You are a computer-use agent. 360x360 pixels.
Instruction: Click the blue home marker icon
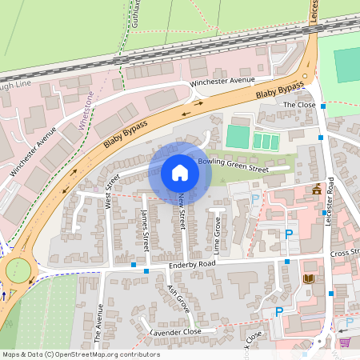coord(180,173)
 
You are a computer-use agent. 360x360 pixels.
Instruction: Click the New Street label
coord(182,209)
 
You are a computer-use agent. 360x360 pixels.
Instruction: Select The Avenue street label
coord(99,325)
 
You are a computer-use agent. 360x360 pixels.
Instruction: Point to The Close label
coord(300,105)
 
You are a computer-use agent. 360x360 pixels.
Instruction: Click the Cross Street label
coord(346,252)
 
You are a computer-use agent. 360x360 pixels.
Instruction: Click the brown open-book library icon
coord(309,278)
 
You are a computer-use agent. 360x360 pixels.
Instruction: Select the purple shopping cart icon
coord(345,342)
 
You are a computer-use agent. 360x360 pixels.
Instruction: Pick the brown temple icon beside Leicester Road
coord(318,190)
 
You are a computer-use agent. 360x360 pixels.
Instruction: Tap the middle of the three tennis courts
coord(266,142)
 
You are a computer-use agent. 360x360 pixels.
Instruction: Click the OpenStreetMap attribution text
coord(80,354)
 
